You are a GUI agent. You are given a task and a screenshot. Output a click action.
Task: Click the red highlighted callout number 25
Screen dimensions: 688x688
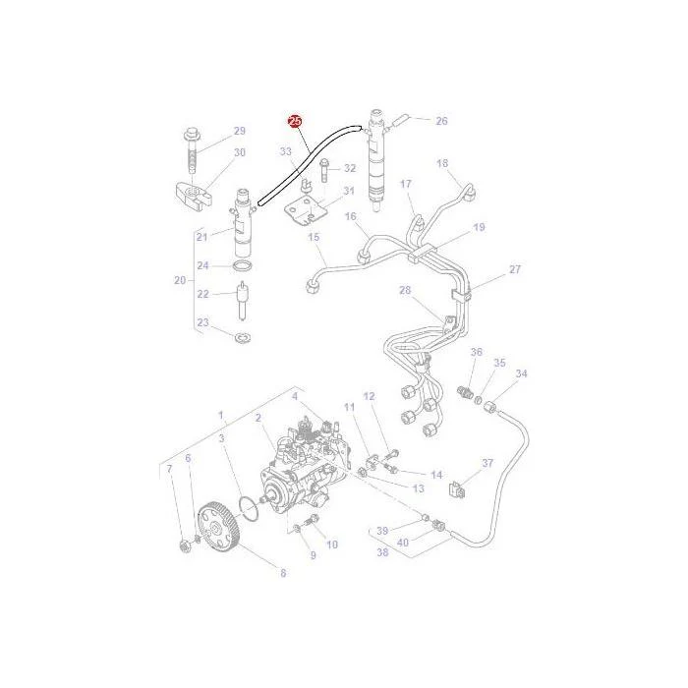pos(295,122)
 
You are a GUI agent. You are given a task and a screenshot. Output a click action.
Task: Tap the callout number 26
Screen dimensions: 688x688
pos(441,121)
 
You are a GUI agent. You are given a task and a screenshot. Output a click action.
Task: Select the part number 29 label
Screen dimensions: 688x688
pos(239,131)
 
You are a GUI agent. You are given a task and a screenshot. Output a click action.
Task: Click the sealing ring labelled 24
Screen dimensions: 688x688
pos(242,265)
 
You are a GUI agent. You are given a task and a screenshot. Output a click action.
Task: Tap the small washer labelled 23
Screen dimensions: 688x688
pos(242,338)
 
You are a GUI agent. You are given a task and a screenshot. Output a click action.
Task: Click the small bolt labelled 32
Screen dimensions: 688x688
pos(325,170)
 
